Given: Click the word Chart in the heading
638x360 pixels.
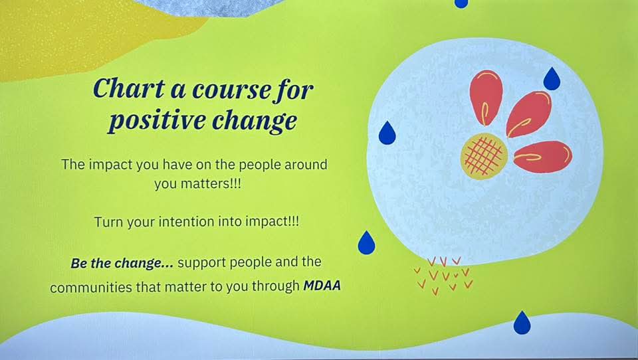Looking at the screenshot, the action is [x=130, y=88].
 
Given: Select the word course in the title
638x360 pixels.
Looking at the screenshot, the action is [x=231, y=90].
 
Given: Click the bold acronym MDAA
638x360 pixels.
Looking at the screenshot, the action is [x=322, y=285].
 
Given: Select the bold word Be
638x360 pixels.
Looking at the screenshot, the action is [x=79, y=264].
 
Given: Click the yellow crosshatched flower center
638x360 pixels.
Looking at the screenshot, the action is [x=484, y=156].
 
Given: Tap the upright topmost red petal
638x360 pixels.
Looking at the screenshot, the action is [x=486, y=98].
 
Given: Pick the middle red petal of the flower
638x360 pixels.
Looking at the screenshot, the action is [x=528, y=114].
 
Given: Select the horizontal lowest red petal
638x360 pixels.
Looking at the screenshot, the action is [x=543, y=157].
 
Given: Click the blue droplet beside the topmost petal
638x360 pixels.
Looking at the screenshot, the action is [x=552, y=79].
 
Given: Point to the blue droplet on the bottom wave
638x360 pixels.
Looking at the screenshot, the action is [x=522, y=323].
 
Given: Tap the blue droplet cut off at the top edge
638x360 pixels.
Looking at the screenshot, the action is [x=461, y=3].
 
